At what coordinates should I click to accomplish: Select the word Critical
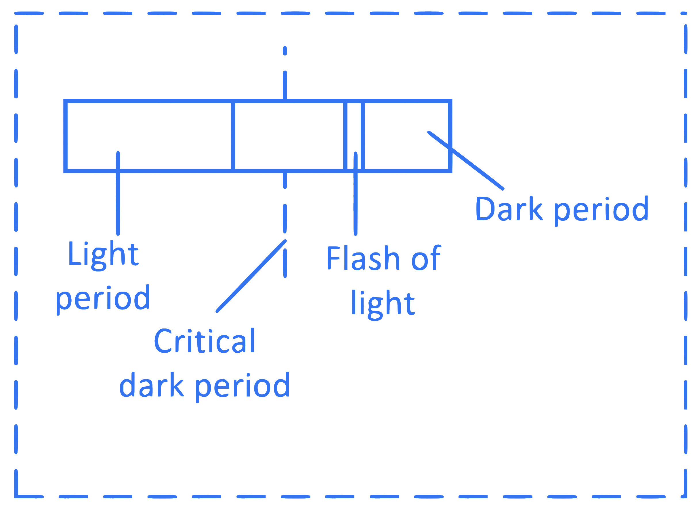[204, 341]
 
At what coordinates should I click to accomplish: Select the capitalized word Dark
[509, 208]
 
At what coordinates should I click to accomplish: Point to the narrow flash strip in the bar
[354, 136]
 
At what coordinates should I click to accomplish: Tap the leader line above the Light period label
[118, 193]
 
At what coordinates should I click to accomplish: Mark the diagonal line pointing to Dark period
[465, 160]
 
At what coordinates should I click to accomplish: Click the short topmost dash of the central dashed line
[285, 51]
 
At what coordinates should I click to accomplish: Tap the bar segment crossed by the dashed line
[289, 136]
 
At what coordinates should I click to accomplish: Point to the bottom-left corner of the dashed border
[16, 496]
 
